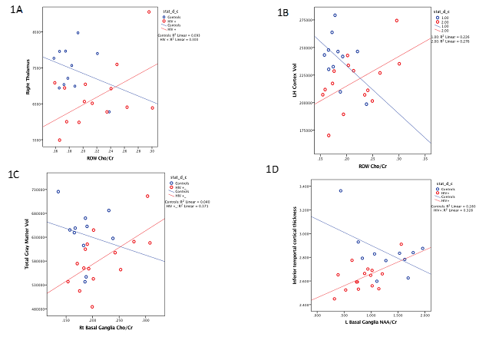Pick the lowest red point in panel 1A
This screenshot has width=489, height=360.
(60, 140)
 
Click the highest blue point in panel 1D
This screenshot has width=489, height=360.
(341, 190)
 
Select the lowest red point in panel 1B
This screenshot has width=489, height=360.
(329, 135)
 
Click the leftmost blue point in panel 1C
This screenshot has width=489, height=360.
(58, 192)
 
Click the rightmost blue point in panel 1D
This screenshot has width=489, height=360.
(422, 249)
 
